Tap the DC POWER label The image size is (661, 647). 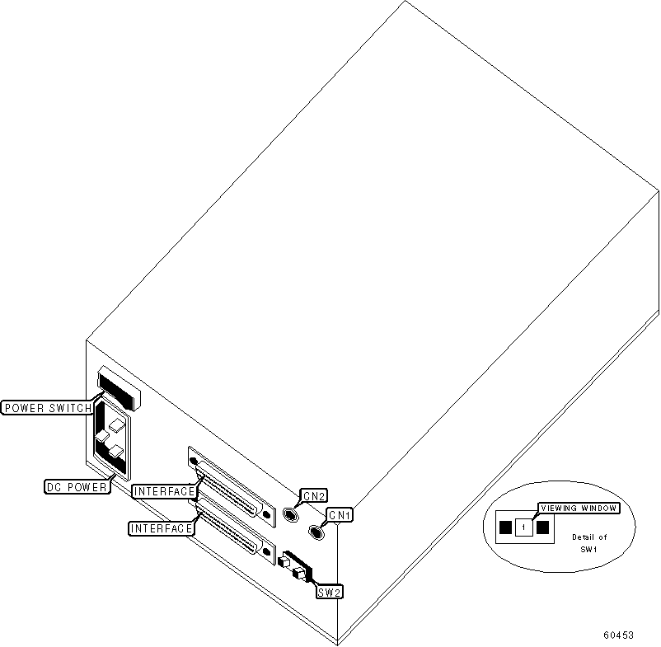point(77,487)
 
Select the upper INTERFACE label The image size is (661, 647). point(164,492)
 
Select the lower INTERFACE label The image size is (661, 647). point(162,527)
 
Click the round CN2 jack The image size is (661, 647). point(290,515)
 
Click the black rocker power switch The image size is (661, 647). point(119,390)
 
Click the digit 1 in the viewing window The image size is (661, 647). point(523,527)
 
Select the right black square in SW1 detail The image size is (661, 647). point(542,527)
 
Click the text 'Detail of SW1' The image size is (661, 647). point(588,543)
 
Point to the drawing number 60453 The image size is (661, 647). point(617,635)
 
